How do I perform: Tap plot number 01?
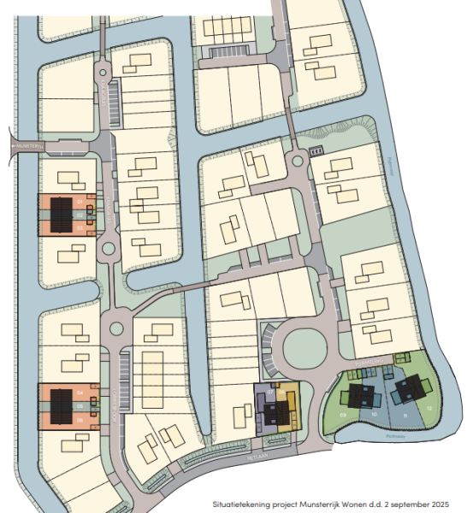(79, 203)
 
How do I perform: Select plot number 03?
(79, 228)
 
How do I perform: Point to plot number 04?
(80, 392)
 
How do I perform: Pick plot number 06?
(80, 419)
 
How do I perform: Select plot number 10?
(375, 414)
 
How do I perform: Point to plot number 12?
(429, 409)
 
